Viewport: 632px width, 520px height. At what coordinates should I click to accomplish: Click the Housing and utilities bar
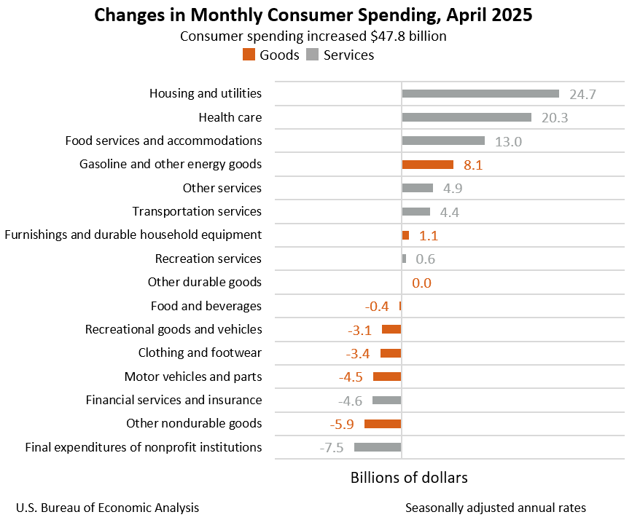480,93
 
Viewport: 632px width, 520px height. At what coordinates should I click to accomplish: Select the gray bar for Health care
467,117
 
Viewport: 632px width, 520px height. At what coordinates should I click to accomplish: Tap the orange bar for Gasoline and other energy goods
427,165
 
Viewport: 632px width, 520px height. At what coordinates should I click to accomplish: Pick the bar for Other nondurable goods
383,424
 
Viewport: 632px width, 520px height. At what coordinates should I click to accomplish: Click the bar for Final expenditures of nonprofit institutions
378,447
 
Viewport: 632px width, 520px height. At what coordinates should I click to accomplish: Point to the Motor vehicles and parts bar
387,377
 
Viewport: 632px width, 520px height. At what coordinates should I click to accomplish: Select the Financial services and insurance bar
386,400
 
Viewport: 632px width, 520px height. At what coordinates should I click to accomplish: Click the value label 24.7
583,94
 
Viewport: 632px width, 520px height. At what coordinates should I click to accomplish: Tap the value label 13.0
508,141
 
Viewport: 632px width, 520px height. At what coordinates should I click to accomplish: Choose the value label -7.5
332,448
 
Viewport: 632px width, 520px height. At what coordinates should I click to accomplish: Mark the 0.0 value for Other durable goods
421,283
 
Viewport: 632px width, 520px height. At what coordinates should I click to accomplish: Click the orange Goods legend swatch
249,55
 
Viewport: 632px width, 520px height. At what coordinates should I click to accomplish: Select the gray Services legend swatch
313,55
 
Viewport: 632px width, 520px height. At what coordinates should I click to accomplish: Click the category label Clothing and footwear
200,353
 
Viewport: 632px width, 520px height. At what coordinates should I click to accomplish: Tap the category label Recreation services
208,259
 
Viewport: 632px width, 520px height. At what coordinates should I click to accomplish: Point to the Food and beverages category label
206,306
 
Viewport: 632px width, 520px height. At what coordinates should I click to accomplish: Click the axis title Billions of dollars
409,478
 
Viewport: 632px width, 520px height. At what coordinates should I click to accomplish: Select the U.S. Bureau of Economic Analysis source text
107,508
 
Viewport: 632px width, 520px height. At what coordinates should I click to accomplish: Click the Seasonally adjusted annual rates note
496,508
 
